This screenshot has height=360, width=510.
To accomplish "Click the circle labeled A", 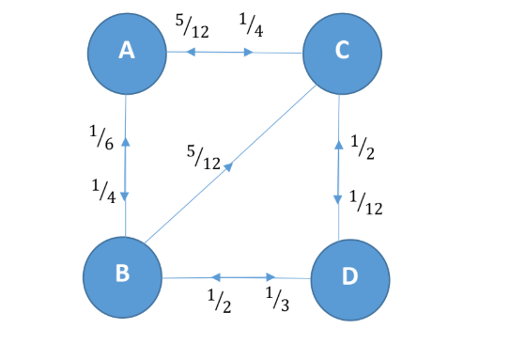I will pyautogui.click(x=126, y=53).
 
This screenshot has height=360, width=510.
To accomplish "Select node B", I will pyautogui.click(x=122, y=274).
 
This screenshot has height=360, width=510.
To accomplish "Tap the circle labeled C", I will pyautogui.click(x=340, y=53).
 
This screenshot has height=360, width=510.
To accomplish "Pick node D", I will pyautogui.click(x=349, y=279).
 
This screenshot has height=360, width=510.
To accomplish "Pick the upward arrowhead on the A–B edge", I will pyautogui.click(x=126, y=142).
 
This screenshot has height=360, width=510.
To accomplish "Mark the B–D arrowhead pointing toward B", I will pyautogui.click(x=215, y=277).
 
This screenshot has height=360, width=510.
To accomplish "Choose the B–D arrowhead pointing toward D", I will pyautogui.click(x=272, y=277).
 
